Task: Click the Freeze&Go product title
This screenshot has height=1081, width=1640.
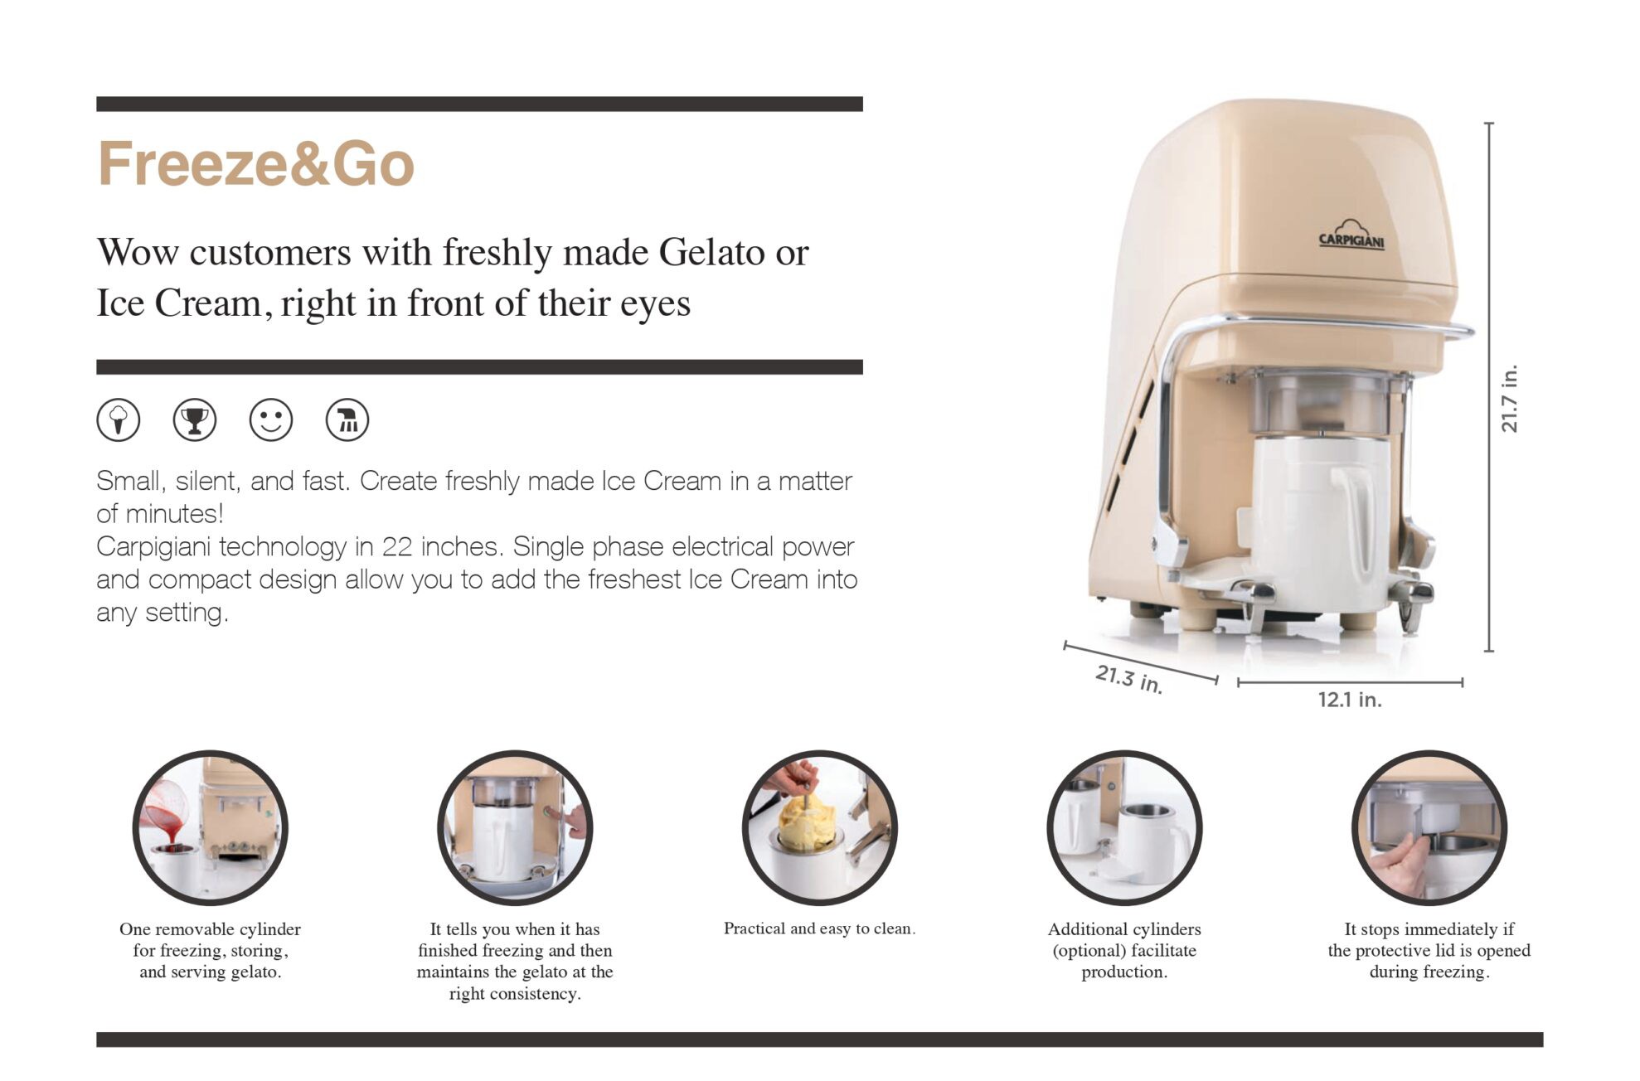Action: tap(255, 163)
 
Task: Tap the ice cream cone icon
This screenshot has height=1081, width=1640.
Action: tap(119, 419)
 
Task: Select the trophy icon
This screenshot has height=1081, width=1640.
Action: tap(195, 419)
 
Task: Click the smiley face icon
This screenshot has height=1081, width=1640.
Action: tap(271, 419)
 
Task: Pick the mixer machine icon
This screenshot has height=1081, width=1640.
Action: tap(347, 419)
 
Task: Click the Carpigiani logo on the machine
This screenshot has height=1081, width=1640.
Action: tap(1351, 235)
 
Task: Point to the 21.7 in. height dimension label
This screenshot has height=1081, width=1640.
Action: tap(1509, 399)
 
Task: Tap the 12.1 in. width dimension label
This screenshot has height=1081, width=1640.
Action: tap(1350, 700)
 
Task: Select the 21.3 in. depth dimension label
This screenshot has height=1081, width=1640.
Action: tap(1129, 679)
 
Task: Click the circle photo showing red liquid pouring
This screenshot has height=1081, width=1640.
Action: tap(211, 827)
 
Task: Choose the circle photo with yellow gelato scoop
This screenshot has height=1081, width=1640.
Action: tap(820, 827)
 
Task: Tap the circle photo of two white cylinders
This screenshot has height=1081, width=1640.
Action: tap(1124, 827)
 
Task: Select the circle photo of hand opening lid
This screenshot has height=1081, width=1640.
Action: tap(1429, 827)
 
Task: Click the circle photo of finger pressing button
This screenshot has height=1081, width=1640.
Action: tap(515, 827)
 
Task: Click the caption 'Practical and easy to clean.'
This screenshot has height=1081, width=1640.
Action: tap(819, 928)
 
